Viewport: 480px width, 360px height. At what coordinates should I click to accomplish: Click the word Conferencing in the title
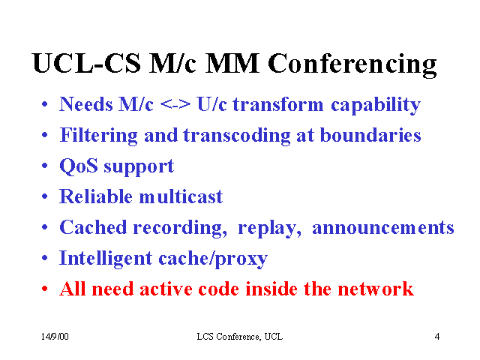coord(352,64)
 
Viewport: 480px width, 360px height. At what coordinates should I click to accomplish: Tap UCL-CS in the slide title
coord(87,63)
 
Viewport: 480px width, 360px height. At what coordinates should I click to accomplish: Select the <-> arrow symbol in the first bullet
coord(175,105)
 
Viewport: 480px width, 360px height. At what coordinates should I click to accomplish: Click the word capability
coord(376,105)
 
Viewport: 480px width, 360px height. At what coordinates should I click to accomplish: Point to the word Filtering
coord(98,136)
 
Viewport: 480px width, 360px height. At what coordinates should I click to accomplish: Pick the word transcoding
coord(237,136)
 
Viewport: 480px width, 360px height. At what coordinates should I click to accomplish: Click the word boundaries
coord(370,135)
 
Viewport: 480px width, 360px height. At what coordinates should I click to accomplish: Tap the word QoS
coord(79,166)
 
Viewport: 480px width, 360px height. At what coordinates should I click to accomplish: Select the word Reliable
coord(96,196)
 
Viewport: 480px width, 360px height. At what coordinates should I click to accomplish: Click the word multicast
coord(181,196)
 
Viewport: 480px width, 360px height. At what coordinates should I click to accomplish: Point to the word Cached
coord(93,227)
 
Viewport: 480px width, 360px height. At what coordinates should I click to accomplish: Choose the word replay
coord(269,229)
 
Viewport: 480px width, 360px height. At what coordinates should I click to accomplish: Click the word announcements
coord(383,228)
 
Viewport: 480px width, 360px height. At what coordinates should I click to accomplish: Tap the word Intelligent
coord(106,259)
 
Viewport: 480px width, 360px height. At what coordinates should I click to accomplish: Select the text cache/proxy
coord(213,259)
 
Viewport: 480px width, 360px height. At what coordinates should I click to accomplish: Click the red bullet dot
coord(45,289)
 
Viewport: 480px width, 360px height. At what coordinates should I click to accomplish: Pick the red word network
coord(376,289)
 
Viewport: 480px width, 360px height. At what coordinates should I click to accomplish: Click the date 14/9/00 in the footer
coord(55,337)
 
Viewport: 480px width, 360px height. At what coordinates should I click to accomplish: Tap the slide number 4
coord(437,337)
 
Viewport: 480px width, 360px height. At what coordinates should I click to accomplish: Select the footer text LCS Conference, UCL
coord(240,337)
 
